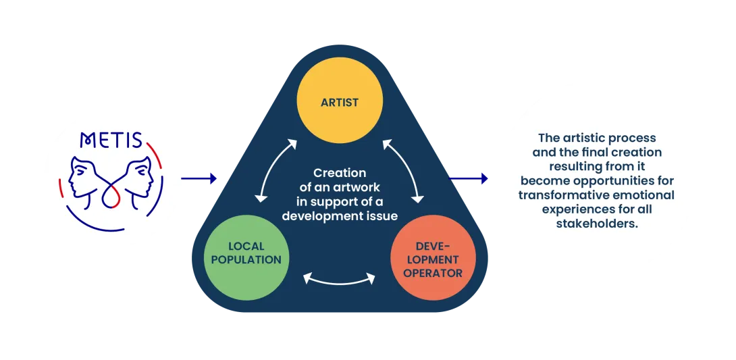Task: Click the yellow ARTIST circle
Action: tap(340, 103)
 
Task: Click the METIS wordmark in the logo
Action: tap(111, 140)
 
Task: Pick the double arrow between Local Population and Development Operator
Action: tap(340, 277)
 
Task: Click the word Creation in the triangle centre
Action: tap(340, 174)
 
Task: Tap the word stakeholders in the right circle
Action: tap(597, 224)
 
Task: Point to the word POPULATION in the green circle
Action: tap(246, 259)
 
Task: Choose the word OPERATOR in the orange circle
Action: tap(433, 273)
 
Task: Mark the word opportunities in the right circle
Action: tap(631, 181)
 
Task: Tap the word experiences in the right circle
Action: tap(573, 209)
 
